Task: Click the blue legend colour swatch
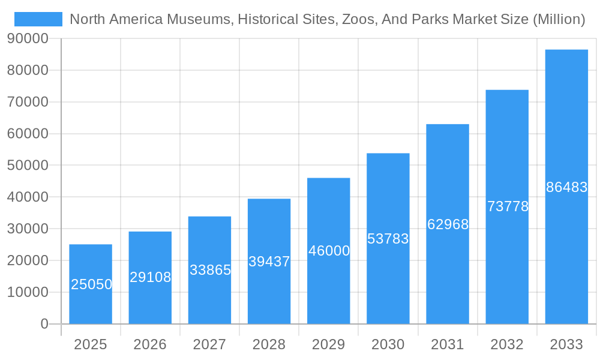38,19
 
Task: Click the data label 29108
150,277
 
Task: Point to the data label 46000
329,251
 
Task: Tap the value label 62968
448,224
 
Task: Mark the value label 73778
508,206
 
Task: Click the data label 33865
210,270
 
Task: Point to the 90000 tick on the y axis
28,38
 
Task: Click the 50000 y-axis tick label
28,165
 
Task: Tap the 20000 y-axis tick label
28,260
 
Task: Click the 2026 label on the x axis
150,344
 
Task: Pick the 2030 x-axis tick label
388,344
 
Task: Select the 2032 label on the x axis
507,344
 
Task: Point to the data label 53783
388,239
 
